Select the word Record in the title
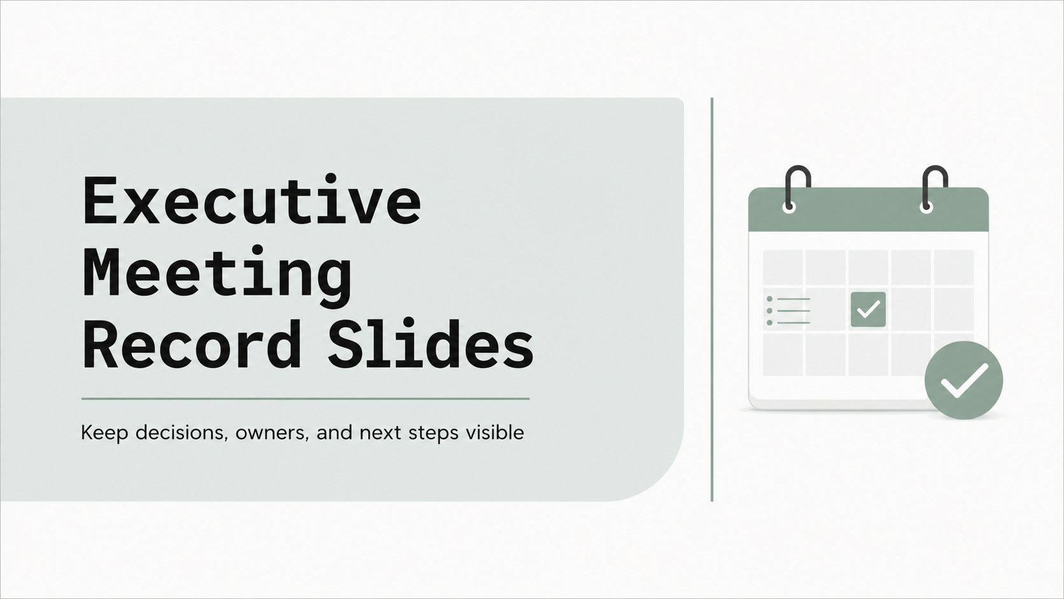(x=192, y=344)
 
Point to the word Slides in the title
(x=431, y=344)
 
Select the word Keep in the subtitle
(x=104, y=433)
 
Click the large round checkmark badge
(x=964, y=380)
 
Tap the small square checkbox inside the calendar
(x=868, y=309)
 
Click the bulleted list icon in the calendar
(x=788, y=311)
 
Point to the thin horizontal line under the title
(x=305, y=399)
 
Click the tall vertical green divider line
(x=712, y=299)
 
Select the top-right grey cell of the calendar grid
(x=954, y=267)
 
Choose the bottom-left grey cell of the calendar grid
(x=783, y=355)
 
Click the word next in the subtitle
(x=380, y=433)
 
